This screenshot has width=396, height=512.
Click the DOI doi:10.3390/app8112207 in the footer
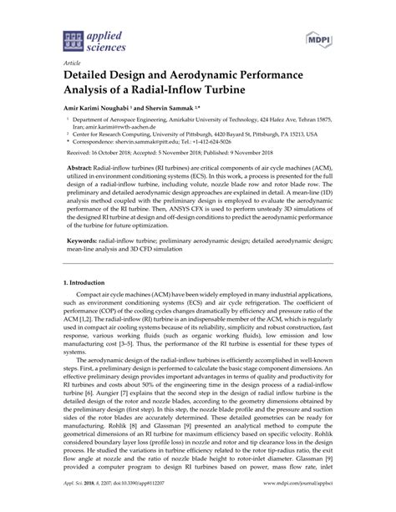[140, 504]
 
